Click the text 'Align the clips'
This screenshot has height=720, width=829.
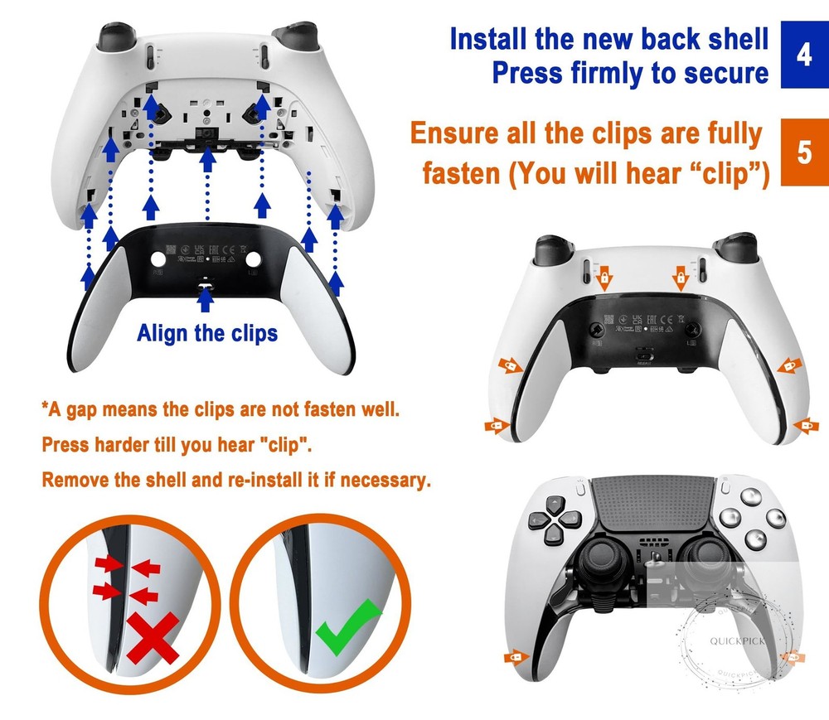(x=207, y=333)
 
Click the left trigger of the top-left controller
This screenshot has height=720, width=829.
(x=111, y=37)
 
